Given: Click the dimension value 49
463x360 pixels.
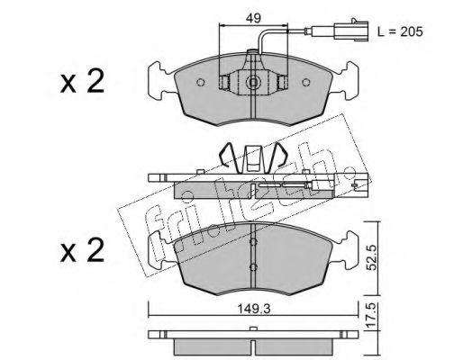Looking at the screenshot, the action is click(253, 19).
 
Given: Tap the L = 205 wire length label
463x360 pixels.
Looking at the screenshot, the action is click(400, 31).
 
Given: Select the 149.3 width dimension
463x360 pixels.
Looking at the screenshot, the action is click(254, 309).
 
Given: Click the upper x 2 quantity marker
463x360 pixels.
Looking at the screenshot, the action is click(82, 81).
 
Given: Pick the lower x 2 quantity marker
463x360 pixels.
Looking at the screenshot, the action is click(82, 250).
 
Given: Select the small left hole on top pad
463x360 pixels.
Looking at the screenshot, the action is click(201, 82).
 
